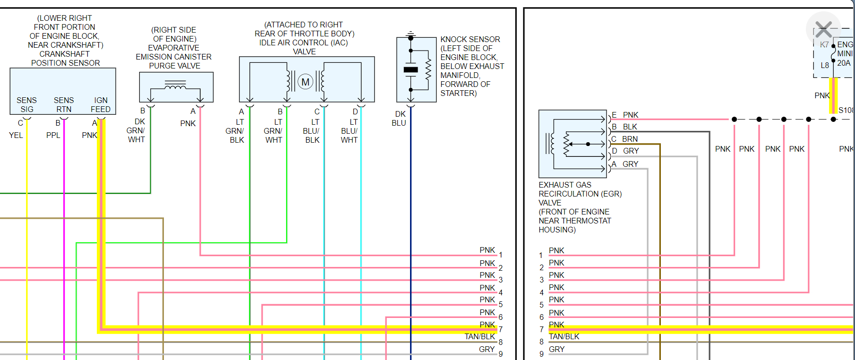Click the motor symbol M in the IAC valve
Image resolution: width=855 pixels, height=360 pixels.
pos(306,82)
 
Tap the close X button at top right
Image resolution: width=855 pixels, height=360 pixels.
pos(823,30)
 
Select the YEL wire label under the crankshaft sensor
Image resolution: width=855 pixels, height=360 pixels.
pos(16,135)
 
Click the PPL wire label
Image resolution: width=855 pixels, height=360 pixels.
pos(53,135)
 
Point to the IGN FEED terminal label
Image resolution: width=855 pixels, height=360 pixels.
pos(101,104)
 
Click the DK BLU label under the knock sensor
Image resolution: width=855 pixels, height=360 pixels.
pos(399,119)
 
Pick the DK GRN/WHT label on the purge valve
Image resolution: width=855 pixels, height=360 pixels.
pos(137,130)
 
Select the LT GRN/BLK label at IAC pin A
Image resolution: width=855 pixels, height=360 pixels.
pos(236,131)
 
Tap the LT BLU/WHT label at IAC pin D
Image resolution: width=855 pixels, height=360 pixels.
pos(350,131)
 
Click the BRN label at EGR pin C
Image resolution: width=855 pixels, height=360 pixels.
pos(630,139)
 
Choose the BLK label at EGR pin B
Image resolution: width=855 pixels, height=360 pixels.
pos(630,127)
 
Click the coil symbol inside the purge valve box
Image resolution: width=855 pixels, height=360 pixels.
pos(175,86)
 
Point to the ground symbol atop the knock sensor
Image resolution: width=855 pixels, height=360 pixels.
pos(410,34)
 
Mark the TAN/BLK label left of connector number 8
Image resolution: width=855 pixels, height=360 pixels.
pos(480,336)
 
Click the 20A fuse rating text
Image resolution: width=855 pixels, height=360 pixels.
pos(844,63)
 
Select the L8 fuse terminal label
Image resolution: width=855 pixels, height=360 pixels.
pos(825,65)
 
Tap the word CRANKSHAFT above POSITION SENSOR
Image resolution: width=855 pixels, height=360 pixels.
pos(64,54)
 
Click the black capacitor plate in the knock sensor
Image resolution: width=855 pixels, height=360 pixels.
pos(410,70)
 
